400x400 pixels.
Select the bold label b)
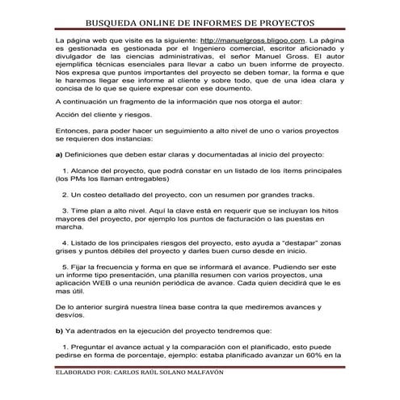(x=59, y=331)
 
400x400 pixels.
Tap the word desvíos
(x=69, y=317)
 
